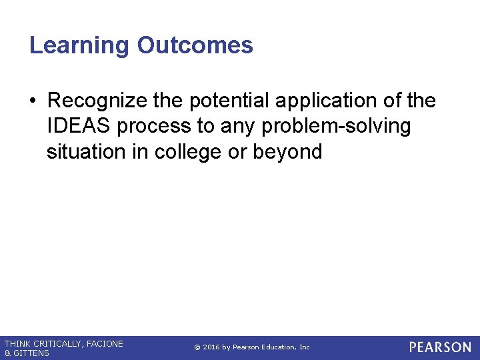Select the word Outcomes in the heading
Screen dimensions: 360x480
point(195,46)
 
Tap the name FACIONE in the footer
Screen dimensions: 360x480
point(105,344)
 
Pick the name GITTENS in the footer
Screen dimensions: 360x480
point(31,353)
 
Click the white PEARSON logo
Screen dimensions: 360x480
point(439,347)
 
